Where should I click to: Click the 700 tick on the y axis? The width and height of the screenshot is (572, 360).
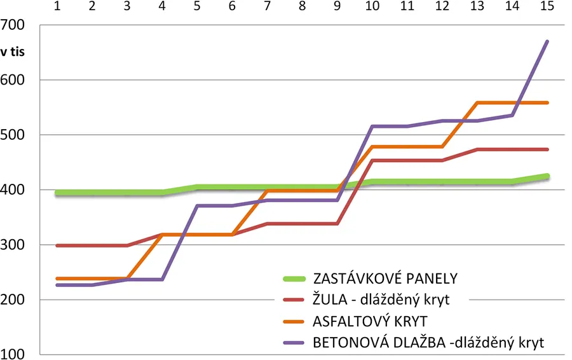pyautogui.click(x=13, y=25)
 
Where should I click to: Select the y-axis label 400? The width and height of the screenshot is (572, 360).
pyautogui.click(x=13, y=190)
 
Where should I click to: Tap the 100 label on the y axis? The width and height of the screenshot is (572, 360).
pyautogui.click(x=13, y=354)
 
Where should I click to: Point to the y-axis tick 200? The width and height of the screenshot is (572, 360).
pyautogui.click(x=13, y=299)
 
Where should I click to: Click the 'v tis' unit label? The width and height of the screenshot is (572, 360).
pyautogui.click(x=13, y=53)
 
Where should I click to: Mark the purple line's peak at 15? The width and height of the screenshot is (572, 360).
pyautogui.click(x=547, y=42)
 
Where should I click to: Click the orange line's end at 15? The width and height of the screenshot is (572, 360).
pyautogui.click(x=547, y=102)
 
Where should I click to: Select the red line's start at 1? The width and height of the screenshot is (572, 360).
pyautogui.click(x=58, y=245)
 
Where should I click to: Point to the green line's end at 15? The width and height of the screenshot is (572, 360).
pyautogui.click(x=547, y=176)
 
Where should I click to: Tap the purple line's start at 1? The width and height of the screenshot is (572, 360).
pyautogui.click(x=58, y=285)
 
